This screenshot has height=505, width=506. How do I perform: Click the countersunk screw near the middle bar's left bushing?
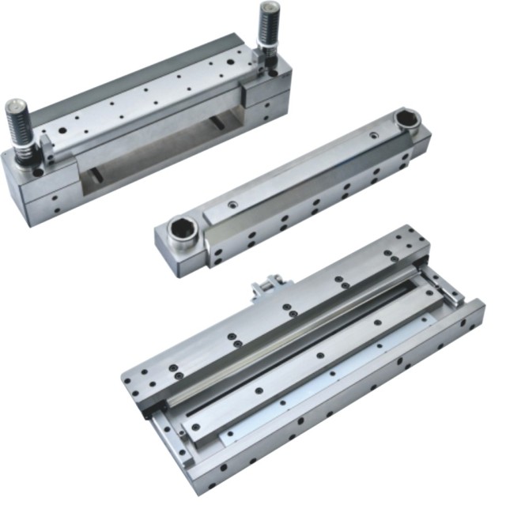coord(232,205)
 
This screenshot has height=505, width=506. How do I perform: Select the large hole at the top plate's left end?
coord(37,171)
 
